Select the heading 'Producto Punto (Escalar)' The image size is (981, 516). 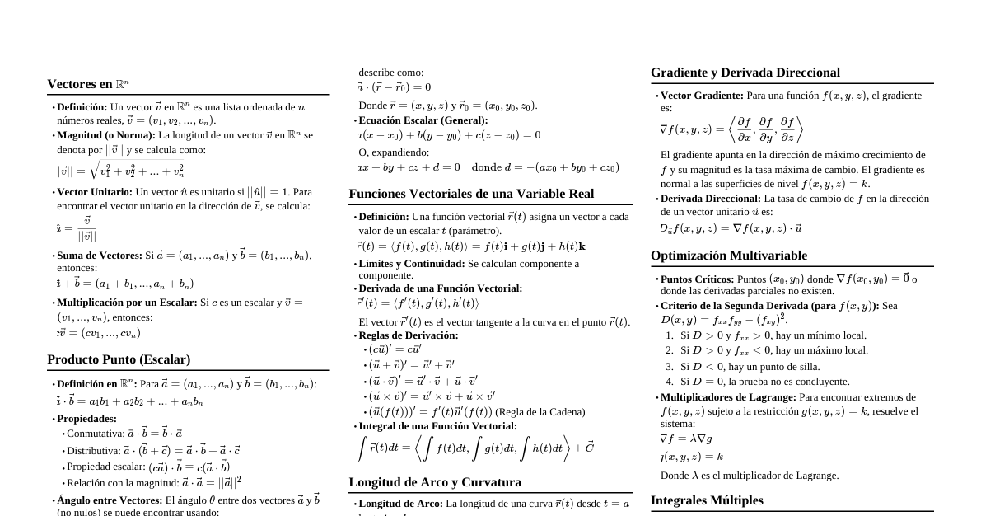[119, 359]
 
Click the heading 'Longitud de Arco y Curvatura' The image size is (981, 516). [435, 482]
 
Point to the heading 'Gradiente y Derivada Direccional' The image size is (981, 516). [745, 73]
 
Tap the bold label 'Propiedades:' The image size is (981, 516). [86, 419]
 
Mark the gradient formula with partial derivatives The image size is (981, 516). [731, 129]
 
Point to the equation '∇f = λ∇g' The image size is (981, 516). [687, 439]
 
